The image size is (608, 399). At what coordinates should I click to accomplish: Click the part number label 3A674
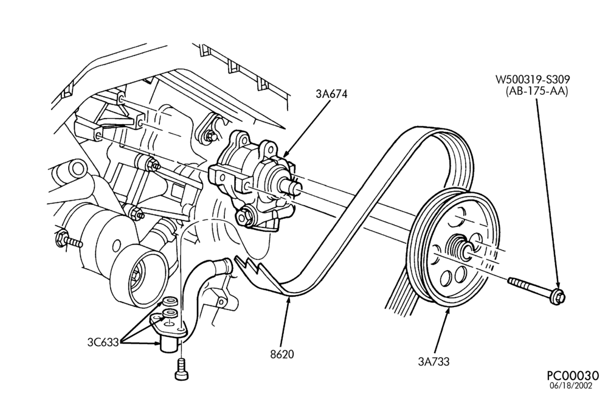click(331, 94)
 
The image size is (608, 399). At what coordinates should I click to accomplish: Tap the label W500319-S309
click(533, 80)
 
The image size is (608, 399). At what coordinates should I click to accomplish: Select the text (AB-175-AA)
click(537, 91)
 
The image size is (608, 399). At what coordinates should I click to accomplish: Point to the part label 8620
click(282, 354)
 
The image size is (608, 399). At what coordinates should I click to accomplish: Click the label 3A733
click(434, 361)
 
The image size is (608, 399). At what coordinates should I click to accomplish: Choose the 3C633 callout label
click(103, 342)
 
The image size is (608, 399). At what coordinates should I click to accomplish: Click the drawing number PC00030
click(573, 376)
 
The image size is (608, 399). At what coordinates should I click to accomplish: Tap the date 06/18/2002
click(572, 386)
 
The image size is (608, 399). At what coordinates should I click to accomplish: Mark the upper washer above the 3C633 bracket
click(170, 301)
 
